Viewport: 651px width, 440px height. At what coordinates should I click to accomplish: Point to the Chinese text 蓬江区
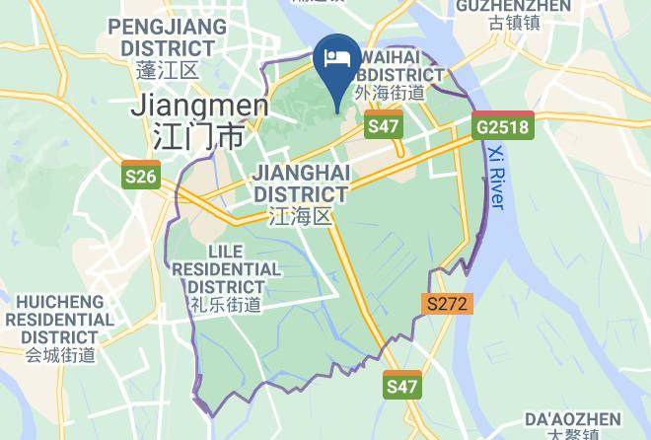168,70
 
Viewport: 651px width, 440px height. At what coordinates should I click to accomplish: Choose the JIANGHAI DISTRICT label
301,183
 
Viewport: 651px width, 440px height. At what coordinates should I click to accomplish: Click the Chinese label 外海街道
392,94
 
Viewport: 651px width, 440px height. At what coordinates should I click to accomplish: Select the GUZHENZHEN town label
514,7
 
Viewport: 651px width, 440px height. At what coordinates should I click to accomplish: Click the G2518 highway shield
502,127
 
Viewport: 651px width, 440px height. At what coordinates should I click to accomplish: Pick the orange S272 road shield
447,304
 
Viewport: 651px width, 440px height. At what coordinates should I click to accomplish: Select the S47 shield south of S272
401,387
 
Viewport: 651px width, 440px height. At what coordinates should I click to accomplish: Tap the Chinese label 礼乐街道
227,305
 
